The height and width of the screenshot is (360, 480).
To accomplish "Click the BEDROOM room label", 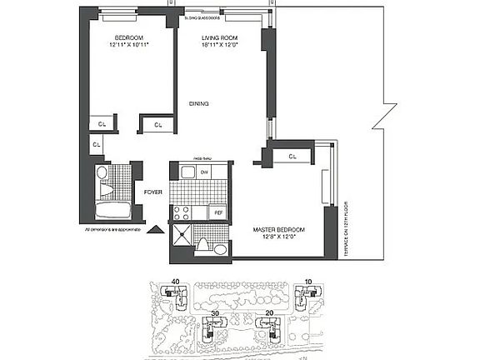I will tap(128, 38).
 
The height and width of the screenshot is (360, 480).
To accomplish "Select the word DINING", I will tap(198, 103).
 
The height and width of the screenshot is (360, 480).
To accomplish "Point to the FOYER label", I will tap(152, 192).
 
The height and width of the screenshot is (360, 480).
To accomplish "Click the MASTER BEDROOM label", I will tap(278, 229).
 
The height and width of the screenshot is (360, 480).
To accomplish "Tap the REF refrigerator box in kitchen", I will tap(218, 212).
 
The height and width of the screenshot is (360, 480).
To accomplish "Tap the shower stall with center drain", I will tap(183, 237).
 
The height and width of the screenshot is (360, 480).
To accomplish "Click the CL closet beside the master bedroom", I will tap(292, 156).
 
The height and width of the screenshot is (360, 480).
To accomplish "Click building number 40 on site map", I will tap(174, 282).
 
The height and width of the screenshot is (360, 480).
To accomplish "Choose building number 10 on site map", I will tap(307, 282).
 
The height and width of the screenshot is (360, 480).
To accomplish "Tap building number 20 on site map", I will tap(268, 314).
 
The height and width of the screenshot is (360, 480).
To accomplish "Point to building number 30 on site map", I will tap(215, 314).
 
